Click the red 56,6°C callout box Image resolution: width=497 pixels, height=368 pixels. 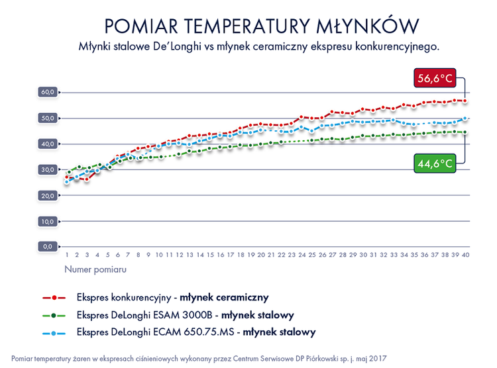click(x=435, y=79)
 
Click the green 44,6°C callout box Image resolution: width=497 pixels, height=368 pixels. click(x=435, y=163)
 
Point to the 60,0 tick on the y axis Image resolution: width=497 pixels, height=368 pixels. click(x=48, y=92)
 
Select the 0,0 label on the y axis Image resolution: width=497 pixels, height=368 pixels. click(x=48, y=246)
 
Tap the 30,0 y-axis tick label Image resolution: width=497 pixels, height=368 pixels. click(x=48, y=169)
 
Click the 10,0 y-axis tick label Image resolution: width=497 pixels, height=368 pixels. click(x=48, y=221)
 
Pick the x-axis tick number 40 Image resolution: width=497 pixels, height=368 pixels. click(x=465, y=254)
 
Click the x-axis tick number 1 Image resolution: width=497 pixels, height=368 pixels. click(x=67, y=254)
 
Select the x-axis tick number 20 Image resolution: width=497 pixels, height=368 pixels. click(x=261, y=254)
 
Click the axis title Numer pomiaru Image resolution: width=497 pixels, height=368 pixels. click(x=95, y=269)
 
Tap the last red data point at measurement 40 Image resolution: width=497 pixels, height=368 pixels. click(x=465, y=101)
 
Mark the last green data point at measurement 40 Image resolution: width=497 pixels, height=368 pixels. click(x=465, y=132)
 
